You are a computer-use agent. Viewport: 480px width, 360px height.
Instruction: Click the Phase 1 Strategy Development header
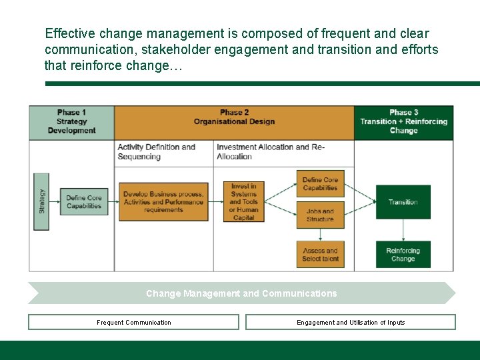(71, 122)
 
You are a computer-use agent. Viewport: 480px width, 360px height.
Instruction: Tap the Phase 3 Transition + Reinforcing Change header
(403, 122)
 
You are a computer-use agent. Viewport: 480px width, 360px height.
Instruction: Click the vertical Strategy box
(41, 201)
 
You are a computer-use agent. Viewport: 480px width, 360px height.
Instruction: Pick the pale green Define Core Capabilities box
(84, 202)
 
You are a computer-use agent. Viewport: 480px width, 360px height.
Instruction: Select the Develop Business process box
(163, 202)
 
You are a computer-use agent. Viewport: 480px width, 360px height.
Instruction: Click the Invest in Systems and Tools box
(244, 202)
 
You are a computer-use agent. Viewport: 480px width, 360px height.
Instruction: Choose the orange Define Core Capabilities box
(320, 184)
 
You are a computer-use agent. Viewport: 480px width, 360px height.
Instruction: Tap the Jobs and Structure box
(320, 215)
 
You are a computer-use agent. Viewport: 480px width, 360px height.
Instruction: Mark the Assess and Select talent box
(320, 255)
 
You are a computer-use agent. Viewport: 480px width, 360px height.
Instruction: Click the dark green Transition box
(403, 202)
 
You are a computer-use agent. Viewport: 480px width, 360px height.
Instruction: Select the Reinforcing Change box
(403, 255)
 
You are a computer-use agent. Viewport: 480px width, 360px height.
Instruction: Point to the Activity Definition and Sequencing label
(157, 152)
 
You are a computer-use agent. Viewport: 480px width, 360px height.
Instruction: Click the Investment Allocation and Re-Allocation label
(271, 152)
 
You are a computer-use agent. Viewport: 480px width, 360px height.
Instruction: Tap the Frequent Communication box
(133, 323)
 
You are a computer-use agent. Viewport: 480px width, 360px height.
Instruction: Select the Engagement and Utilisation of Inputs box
(351, 323)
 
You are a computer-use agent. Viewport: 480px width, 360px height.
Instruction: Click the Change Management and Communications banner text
(241, 293)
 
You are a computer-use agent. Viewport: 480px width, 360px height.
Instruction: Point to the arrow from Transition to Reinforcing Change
(403, 230)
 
